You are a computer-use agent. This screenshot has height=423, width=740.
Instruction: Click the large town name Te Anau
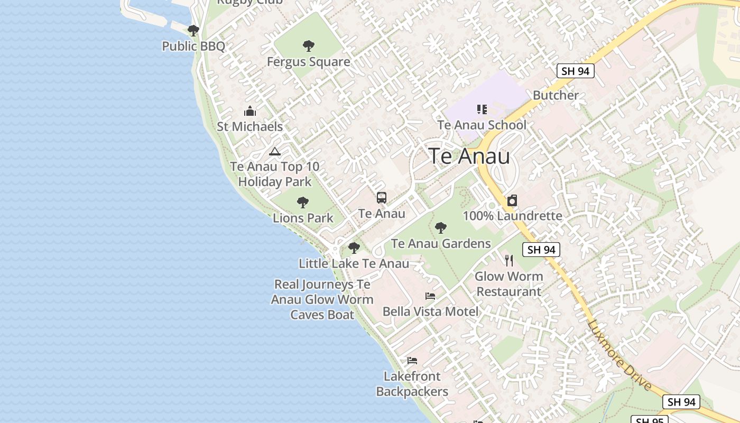[x=469, y=157]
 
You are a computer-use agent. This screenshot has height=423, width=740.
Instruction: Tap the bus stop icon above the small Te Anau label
[x=382, y=198]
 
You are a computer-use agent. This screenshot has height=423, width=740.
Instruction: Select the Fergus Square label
[x=308, y=62]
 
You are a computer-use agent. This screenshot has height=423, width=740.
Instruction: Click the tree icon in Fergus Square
[x=308, y=46]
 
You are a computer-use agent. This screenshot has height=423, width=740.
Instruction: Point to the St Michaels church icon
[x=249, y=111]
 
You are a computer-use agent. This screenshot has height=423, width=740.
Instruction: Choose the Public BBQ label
[x=193, y=46]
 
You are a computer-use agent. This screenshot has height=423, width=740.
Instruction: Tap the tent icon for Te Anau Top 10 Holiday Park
[x=274, y=152]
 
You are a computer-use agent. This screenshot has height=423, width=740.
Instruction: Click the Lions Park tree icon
[x=303, y=202]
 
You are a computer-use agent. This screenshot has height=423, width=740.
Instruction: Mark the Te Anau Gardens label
[x=441, y=244]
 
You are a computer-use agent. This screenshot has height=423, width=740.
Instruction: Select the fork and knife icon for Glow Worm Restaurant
[x=508, y=260]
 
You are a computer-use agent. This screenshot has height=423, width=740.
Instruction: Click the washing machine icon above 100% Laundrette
[x=512, y=201]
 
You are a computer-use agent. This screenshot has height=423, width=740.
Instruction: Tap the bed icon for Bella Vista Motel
[x=430, y=296]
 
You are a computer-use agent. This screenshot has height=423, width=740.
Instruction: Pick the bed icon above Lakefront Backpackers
[x=412, y=361]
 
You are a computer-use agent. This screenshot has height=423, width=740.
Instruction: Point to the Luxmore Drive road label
[x=619, y=355]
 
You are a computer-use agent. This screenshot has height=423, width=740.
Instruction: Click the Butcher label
[x=556, y=95]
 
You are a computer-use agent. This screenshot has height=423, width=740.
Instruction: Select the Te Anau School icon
[x=482, y=109]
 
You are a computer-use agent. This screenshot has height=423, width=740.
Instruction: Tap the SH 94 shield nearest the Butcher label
[x=576, y=71]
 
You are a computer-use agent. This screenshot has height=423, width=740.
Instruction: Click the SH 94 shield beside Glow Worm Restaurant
[x=541, y=250]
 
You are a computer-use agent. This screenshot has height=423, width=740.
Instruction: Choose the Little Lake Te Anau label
[x=354, y=263]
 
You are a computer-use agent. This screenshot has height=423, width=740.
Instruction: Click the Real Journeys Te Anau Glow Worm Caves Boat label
[x=322, y=299]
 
